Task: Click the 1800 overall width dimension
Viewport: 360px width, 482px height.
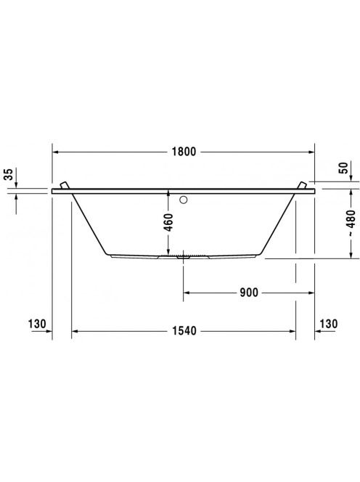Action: coord(184,152)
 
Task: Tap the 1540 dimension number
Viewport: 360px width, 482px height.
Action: coord(184,331)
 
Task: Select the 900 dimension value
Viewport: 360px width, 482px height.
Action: coord(249,293)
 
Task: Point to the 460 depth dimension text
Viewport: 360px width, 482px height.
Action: coord(169,222)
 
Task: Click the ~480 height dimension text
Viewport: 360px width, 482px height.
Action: coord(351,224)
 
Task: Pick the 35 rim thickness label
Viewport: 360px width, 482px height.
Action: coord(10,174)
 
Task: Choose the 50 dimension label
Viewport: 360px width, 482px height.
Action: coord(345,168)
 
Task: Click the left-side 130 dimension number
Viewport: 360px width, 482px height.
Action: coord(37,324)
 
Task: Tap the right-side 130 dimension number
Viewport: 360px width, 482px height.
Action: coord(329,324)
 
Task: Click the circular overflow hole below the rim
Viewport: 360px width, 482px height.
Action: coord(184,200)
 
